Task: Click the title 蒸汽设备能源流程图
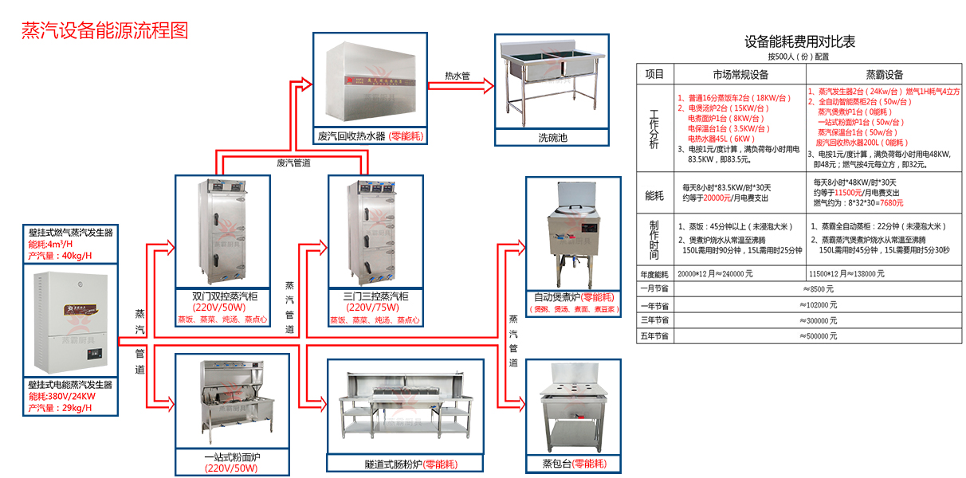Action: (x=104, y=31)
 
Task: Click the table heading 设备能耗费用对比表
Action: (x=799, y=42)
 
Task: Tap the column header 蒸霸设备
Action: (x=884, y=74)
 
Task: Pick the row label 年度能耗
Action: (x=654, y=273)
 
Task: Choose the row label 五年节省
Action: (x=654, y=336)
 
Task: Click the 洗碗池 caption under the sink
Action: (x=552, y=138)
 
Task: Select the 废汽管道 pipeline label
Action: (x=293, y=163)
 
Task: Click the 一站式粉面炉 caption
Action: (x=231, y=456)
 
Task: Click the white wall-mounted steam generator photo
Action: (x=72, y=323)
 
